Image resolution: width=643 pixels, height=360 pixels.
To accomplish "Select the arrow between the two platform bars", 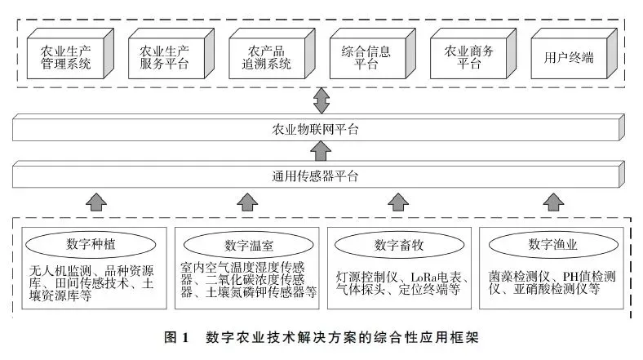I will pos(321,151).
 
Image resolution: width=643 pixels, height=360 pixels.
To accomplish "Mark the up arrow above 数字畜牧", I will pos(397,201).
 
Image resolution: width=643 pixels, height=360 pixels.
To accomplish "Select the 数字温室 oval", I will pos(247,245).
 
